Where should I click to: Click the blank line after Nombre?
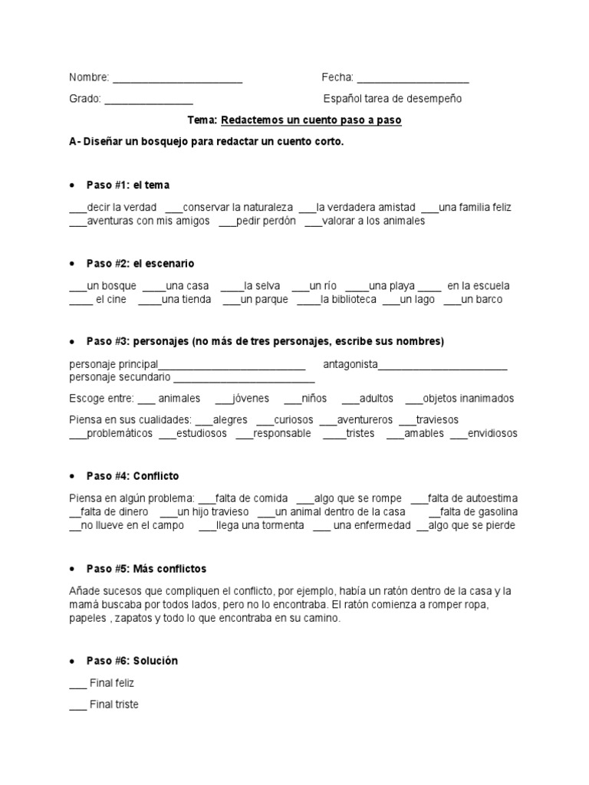[x=177, y=79]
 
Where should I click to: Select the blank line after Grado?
[x=148, y=100]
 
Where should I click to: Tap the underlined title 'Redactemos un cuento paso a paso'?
[x=311, y=120]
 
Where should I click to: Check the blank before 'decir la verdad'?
[x=77, y=209]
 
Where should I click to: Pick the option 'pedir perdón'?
[x=266, y=222]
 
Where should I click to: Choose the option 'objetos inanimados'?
[x=468, y=399]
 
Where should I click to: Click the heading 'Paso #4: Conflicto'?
[x=132, y=476]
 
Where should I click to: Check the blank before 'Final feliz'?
[x=77, y=684]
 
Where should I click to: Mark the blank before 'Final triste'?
[x=77, y=705]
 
